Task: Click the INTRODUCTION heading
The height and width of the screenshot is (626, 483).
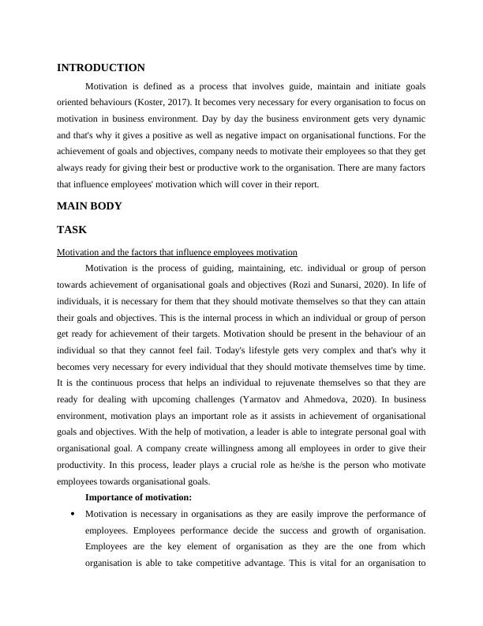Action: [101, 68]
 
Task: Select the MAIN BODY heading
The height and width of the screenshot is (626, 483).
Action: [89, 206]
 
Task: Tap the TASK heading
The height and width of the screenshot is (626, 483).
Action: [72, 230]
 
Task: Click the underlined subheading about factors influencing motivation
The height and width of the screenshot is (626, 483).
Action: [178, 252]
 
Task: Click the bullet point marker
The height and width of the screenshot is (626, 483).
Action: [73, 514]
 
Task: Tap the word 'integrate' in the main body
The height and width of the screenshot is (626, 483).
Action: [314, 432]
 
